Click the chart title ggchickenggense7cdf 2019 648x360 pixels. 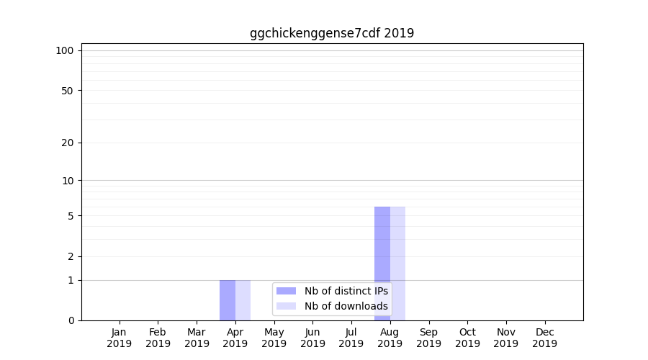[332, 33]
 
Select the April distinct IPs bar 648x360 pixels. [228, 300]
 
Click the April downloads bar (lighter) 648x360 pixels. [243, 300]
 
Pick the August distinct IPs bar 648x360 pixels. [382, 264]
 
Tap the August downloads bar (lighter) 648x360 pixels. [398, 264]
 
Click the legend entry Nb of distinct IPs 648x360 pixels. [346, 291]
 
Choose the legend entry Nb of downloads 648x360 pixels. [346, 306]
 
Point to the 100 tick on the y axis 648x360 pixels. [65, 50]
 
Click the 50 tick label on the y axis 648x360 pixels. [68, 91]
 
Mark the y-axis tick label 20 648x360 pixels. [68, 143]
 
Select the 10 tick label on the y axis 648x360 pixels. [68, 180]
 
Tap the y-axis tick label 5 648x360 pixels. [71, 216]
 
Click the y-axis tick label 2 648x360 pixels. [71, 256]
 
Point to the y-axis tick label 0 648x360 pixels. [71, 320]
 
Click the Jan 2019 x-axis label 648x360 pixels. [120, 338]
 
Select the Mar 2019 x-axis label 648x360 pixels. [197, 338]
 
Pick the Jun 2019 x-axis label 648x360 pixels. [312, 338]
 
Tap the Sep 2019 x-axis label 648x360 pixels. [428, 338]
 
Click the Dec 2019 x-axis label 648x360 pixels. [544, 338]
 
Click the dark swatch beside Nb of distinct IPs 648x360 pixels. [286, 291]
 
